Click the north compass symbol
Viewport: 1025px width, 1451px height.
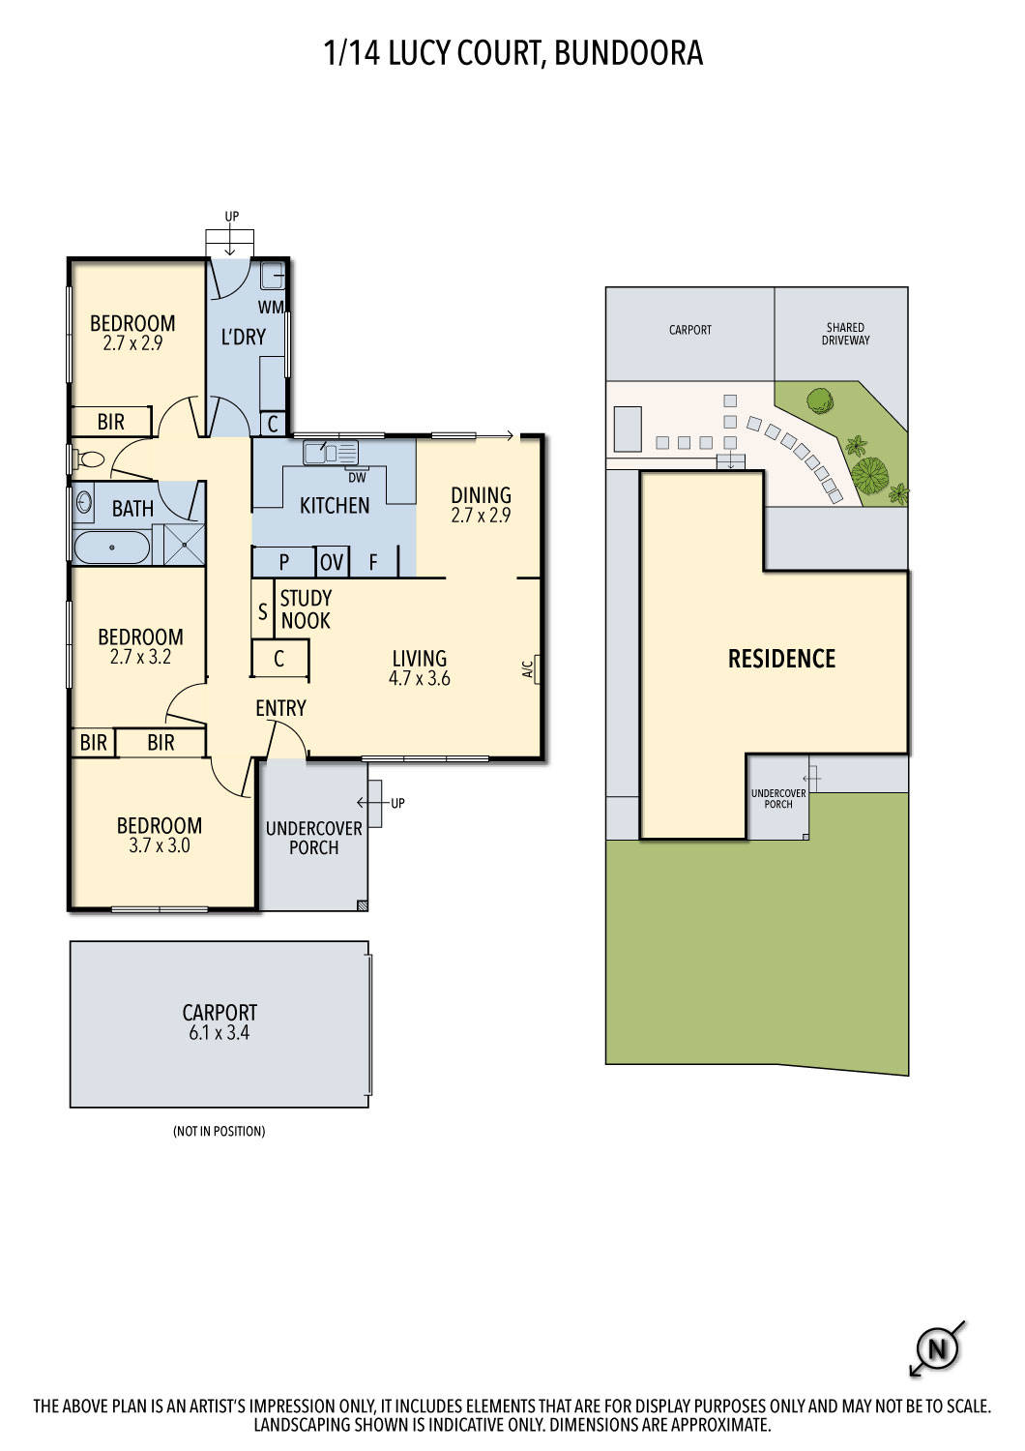935,1347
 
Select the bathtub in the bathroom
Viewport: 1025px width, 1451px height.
112,548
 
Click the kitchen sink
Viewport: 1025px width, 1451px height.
330,452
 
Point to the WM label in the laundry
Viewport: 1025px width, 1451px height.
270,307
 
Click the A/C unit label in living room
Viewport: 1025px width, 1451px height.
528,668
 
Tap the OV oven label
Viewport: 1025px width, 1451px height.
332,562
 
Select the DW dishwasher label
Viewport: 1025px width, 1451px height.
357,476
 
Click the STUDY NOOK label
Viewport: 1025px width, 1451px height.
306,609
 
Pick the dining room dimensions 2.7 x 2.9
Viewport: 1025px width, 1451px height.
481,516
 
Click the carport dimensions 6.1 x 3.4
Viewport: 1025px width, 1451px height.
220,1032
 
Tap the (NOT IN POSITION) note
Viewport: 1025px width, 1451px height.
219,1131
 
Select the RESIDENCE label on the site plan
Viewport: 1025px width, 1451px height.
781,659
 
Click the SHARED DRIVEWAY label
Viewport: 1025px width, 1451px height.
845,334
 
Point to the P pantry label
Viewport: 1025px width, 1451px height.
284,562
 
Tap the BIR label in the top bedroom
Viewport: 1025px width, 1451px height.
111,422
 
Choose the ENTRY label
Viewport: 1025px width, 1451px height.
280,708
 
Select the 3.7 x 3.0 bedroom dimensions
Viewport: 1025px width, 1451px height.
160,845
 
